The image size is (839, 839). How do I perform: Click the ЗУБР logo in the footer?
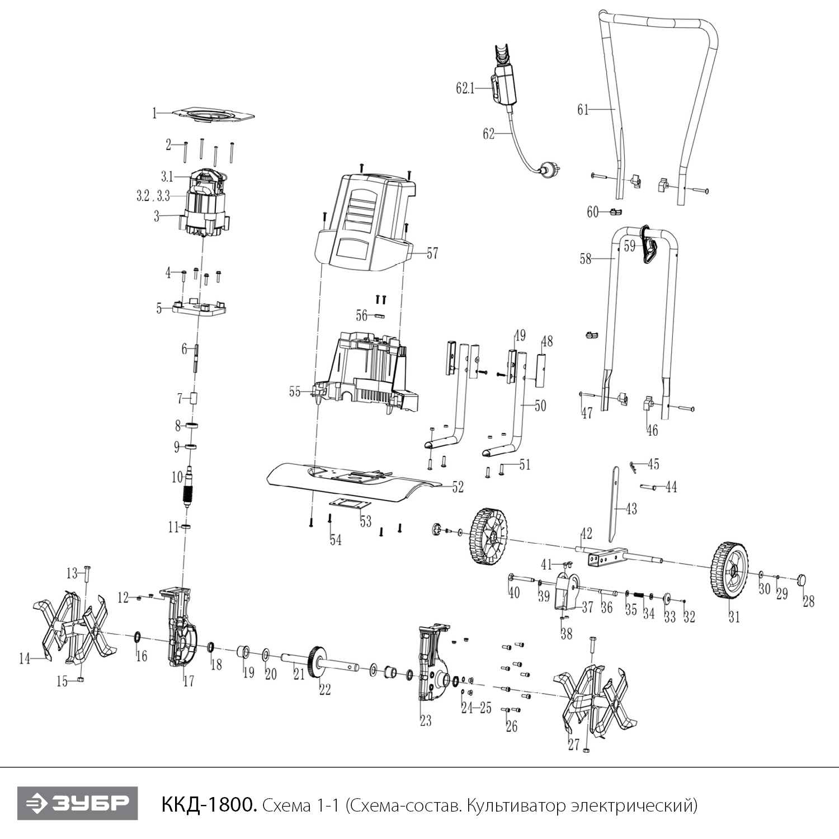tap(77, 804)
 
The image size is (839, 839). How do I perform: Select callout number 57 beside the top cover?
tap(432, 253)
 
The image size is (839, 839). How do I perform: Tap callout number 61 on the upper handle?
tap(583, 110)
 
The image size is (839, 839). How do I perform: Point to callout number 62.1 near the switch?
tap(465, 88)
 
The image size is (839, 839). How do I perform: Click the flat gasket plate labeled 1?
tap(213, 114)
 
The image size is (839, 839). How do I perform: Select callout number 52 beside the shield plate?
tap(458, 487)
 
